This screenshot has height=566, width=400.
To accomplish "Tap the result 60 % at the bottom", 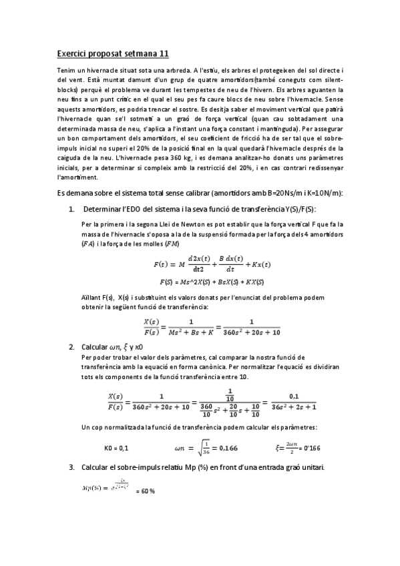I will coord(146,491).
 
